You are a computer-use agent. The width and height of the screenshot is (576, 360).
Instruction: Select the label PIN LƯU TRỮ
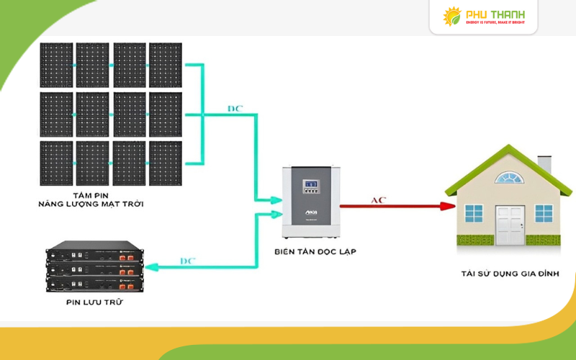94,302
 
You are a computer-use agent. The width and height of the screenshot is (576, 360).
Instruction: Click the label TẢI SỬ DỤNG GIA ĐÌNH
510,274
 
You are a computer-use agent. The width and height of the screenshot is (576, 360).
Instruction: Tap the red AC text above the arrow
378,199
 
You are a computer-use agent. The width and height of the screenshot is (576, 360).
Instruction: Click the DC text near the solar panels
235,109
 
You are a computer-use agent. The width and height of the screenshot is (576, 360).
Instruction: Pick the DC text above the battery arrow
186,260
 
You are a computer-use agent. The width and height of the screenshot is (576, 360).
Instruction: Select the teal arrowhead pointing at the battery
149,268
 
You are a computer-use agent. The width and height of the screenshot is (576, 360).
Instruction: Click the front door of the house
510,225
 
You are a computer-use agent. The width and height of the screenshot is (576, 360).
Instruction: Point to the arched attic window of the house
510,178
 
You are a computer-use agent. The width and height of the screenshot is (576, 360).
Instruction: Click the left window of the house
474,213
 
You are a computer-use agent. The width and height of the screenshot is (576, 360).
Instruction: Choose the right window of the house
544,213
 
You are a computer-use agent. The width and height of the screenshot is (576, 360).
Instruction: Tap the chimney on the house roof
544,164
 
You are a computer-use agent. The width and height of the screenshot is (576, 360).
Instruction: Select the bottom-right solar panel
166,163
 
